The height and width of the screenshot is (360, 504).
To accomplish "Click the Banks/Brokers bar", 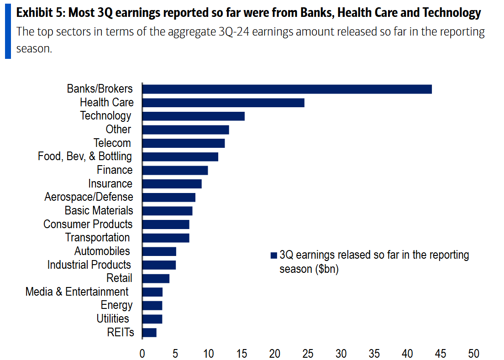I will click(287, 89).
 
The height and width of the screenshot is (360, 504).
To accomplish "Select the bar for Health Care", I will click(223, 103).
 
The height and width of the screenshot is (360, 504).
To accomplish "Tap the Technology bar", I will click(193, 116).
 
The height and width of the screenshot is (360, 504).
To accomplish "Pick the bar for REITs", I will click(149, 332).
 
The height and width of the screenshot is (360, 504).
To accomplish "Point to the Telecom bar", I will click(184, 143).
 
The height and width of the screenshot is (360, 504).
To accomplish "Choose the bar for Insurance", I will click(172, 183).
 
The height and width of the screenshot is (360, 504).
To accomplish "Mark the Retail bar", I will click(156, 278).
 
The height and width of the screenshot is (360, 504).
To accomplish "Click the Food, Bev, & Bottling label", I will click(85, 157).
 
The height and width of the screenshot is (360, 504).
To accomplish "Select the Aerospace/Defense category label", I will click(89, 197).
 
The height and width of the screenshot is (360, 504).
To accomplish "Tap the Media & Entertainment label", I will click(77, 292).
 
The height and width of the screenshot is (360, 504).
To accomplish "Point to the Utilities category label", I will click(113, 318).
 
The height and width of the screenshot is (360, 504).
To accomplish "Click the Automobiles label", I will click(102, 251).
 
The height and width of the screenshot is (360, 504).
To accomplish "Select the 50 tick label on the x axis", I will click(474, 353).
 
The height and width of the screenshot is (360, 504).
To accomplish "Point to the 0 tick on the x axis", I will click(142, 353).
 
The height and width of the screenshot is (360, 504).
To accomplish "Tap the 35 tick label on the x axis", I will click(374, 353).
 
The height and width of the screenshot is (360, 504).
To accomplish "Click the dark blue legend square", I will click(274, 255).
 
